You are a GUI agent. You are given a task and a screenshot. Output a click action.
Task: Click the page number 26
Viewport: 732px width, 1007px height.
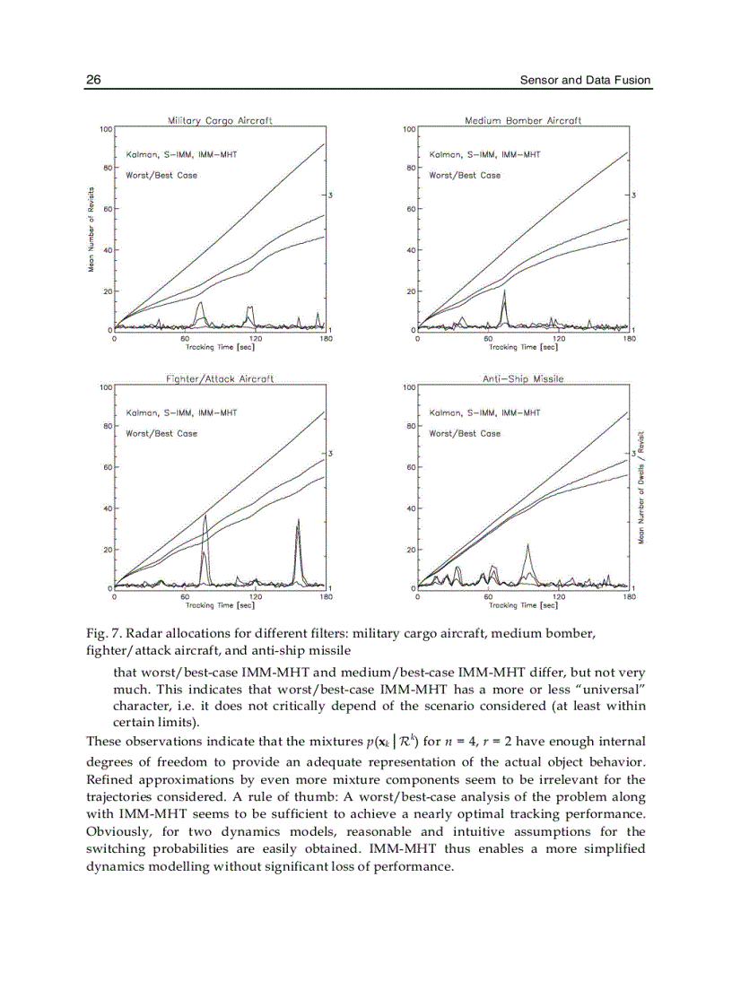pos(92,80)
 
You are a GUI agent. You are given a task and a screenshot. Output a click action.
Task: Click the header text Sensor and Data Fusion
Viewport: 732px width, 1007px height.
pos(585,81)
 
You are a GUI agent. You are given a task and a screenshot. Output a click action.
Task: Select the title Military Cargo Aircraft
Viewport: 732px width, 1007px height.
pos(220,120)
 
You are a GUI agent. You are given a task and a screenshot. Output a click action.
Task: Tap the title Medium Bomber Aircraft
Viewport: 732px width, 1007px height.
pos(523,120)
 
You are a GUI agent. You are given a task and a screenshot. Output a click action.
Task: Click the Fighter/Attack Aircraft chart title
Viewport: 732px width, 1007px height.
pos(220,379)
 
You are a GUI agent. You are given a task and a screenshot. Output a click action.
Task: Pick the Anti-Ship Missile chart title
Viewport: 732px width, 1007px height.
pos(523,379)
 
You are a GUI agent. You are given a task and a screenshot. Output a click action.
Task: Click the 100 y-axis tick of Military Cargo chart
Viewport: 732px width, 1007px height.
pos(104,129)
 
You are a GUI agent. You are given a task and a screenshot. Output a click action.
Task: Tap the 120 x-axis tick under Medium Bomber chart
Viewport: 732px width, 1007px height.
pos(560,339)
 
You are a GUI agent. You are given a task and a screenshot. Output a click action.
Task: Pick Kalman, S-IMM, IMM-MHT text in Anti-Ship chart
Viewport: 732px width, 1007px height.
pos(484,412)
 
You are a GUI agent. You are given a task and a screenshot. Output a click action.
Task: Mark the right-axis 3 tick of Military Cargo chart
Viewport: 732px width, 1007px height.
pos(331,195)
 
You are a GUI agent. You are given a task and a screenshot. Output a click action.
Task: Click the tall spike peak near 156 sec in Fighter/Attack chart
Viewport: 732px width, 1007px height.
pos(298,519)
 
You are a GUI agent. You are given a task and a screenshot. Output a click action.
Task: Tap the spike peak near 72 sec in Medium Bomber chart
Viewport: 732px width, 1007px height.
pos(504,291)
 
